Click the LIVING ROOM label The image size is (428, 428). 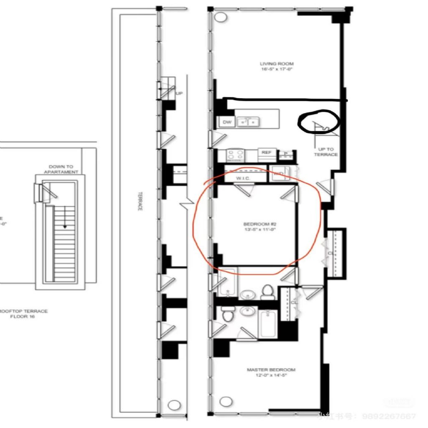pos(277,64)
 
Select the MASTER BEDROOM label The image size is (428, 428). pos(271,370)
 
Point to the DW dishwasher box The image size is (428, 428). pos(227,122)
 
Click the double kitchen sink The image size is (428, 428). pos(248,122)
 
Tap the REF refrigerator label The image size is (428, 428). pos(266,153)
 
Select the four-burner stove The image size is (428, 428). pos(235,155)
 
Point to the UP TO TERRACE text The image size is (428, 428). pos(326,152)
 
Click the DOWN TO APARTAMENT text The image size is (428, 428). pos(61,169)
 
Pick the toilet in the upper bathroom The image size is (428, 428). pos(267,292)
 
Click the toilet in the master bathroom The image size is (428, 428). pos(227,314)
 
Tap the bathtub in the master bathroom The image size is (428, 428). pos(267,324)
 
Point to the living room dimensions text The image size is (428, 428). pos(277,70)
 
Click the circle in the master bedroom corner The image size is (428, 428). pos(226,402)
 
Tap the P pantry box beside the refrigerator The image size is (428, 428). pos(286,154)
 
